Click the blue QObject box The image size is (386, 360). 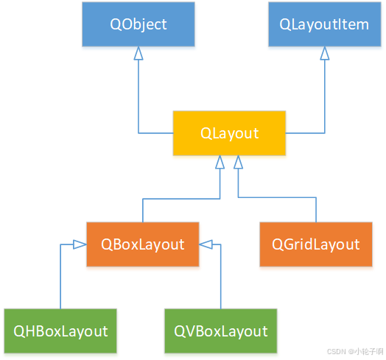coord(138,24)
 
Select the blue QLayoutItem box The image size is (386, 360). coord(324,24)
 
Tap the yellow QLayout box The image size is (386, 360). coord(230,133)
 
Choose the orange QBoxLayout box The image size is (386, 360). coord(142,244)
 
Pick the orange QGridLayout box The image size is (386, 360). coord(315,244)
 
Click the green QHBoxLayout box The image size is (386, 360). coord(60,331)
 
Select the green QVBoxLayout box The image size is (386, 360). coord(221,331)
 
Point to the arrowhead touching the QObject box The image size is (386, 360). coord(138,54)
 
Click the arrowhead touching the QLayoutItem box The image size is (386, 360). coord(324,54)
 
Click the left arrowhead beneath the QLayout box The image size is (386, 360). coord(220,162)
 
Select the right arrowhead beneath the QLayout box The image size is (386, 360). coord(238,162)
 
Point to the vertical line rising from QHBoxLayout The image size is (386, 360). coord(60,280)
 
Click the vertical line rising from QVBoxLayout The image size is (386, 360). coord(221,280)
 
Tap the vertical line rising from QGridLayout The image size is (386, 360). coord(315,211)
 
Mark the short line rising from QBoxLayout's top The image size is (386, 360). coord(142,211)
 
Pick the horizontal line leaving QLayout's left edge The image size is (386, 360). coord(155,133)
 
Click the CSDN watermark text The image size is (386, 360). coord(353,351)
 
